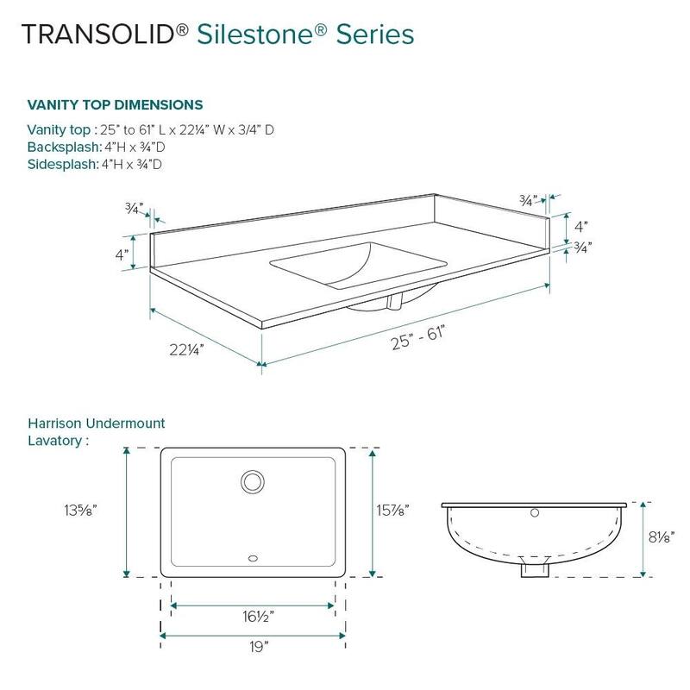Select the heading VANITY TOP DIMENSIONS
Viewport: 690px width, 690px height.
click(115, 105)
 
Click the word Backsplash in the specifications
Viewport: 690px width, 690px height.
click(62, 147)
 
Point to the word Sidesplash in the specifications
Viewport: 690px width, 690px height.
click(60, 164)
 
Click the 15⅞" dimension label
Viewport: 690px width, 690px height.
click(393, 510)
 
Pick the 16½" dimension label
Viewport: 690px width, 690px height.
click(253, 617)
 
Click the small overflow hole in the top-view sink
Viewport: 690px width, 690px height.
click(253, 558)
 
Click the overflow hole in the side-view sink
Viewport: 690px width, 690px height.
click(534, 515)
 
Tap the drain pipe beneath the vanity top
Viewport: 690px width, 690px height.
click(396, 302)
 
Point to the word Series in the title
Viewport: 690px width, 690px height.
click(373, 34)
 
